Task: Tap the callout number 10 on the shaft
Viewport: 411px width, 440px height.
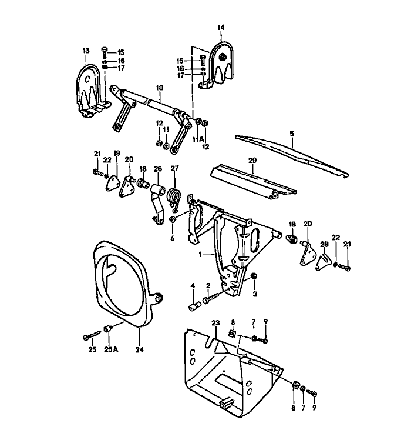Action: (159, 88)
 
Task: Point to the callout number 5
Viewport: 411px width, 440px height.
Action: (292, 134)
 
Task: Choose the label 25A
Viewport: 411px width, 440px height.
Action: (111, 349)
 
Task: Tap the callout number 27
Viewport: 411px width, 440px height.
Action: (174, 168)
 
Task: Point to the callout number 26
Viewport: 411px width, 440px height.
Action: (157, 168)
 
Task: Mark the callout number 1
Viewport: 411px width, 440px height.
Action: (201, 255)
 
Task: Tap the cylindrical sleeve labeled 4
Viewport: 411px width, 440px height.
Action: (193, 306)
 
